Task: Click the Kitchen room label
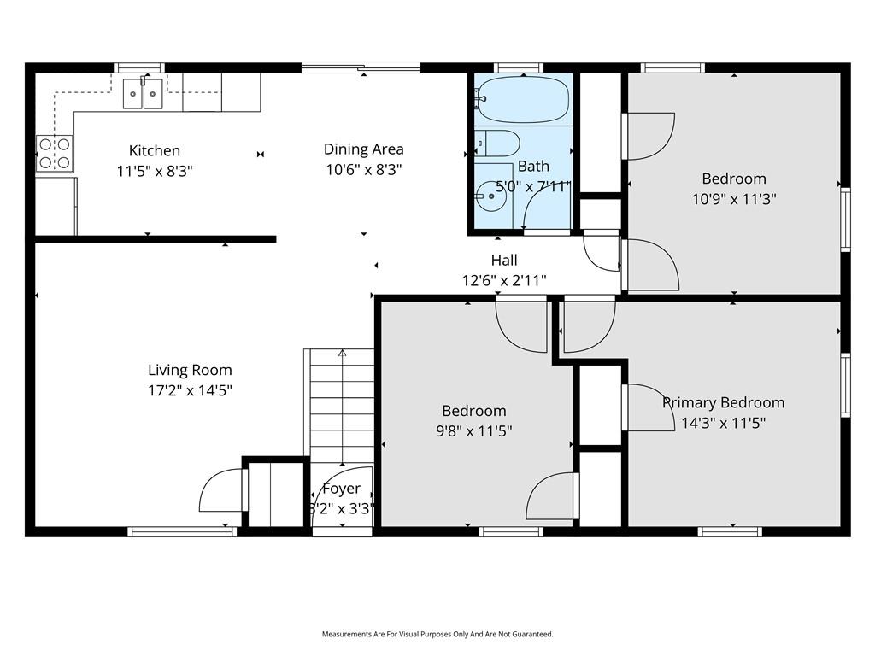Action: [x=155, y=150]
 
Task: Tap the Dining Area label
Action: [x=364, y=149]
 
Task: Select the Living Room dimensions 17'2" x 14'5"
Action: [x=190, y=389]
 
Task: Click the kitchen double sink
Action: [x=143, y=94]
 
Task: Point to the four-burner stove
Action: [x=55, y=154]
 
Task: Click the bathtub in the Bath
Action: [x=524, y=100]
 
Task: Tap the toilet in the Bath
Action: [x=497, y=143]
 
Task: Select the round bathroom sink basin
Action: [x=490, y=196]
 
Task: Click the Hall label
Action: [x=504, y=260]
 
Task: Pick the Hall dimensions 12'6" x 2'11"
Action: [x=504, y=280]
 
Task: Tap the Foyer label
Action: [x=342, y=489]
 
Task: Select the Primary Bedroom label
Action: [x=723, y=403]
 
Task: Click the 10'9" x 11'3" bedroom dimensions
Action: [x=734, y=199]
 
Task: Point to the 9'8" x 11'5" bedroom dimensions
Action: [x=473, y=431]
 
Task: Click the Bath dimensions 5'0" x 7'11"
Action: [x=534, y=186]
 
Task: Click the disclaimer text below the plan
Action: [x=437, y=635]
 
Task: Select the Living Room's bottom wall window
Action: [x=183, y=531]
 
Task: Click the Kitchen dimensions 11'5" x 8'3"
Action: [x=155, y=171]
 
